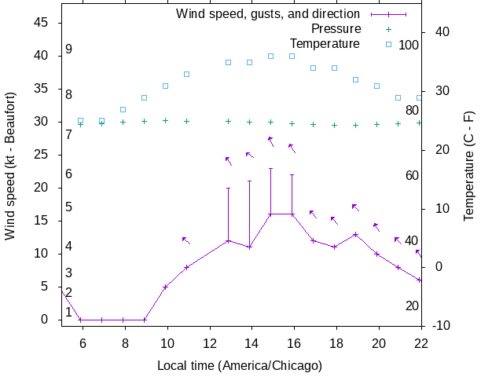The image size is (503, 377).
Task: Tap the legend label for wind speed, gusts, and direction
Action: [267, 14]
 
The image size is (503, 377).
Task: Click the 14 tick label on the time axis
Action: [251, 342]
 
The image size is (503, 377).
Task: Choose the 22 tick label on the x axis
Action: [420, 342]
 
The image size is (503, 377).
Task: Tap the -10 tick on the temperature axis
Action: [439, 325]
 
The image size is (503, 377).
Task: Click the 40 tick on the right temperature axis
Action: [439, 32]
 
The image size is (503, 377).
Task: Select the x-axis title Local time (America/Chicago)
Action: [240, 365]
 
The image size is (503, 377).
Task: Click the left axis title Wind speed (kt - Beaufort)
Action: [10, 171]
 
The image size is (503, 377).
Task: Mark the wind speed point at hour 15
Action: [271, 214]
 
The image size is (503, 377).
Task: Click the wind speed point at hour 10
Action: [165, 287]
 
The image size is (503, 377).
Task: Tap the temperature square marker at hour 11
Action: [186, 74]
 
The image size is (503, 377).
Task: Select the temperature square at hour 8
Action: [123, 109]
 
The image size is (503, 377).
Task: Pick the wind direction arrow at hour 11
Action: [186, 240]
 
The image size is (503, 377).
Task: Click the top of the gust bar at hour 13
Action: [229, 188]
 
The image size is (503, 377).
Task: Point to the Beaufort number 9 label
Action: [69, 49]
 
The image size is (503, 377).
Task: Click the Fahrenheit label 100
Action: [409, 45]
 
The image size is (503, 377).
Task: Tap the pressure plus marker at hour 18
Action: [335, 125]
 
